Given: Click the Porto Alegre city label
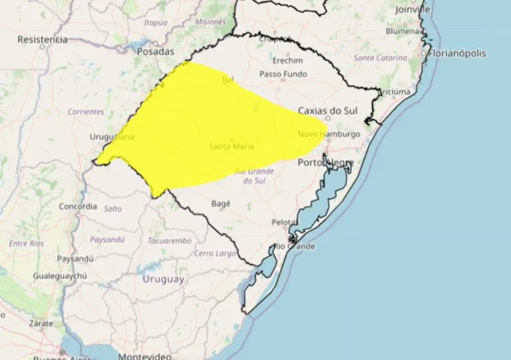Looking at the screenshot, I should [325, 162].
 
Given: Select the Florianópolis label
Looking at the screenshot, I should [458, 53].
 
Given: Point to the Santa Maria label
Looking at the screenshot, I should [231, 146].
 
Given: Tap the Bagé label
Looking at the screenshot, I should [220, 204].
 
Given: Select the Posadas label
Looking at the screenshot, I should [155, 51].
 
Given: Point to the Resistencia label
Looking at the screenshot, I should [43, 39].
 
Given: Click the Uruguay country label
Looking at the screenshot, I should [163, 279].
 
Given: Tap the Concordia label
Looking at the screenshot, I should [78, 206].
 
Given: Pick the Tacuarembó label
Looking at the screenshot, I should [170, 240].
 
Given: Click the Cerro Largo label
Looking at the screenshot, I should [215, 254].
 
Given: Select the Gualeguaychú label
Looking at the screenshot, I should [61, 275].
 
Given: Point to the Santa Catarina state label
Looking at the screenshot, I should [381, 58].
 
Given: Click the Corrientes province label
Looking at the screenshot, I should [86, 112].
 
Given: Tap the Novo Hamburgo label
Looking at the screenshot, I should [329, 134].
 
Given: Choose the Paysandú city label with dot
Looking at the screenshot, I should [75, 258].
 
